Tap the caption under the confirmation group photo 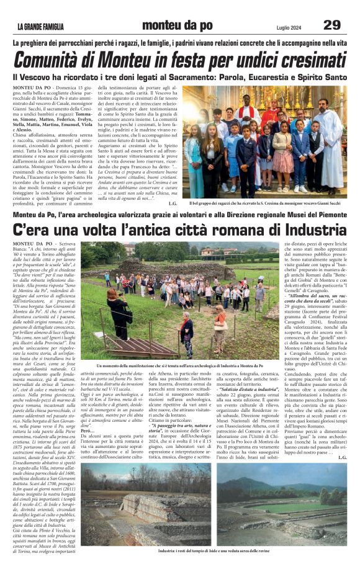pyautogui.click(x=266, y=203)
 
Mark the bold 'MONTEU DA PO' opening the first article pyautogui.click(x=32, y=89)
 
